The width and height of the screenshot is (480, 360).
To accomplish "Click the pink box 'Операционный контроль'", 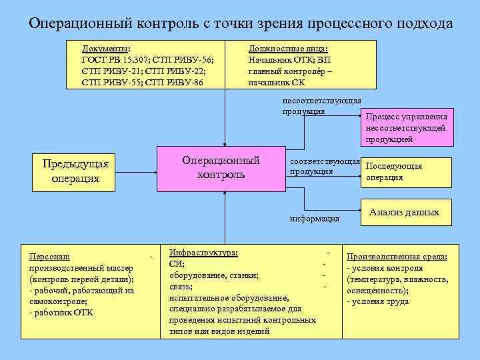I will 221,168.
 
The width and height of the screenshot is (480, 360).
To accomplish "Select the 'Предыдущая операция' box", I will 75,171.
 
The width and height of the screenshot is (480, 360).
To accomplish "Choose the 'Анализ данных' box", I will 404,213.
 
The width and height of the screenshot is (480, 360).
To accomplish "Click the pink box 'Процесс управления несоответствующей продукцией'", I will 407,127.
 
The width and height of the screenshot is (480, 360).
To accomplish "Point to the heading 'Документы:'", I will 106,49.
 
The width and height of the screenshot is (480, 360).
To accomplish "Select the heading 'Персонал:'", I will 51,256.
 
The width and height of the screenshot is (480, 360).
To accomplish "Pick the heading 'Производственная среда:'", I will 396,257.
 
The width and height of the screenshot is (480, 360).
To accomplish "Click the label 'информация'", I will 315,218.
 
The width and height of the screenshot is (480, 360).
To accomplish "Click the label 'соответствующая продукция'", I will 324,167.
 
